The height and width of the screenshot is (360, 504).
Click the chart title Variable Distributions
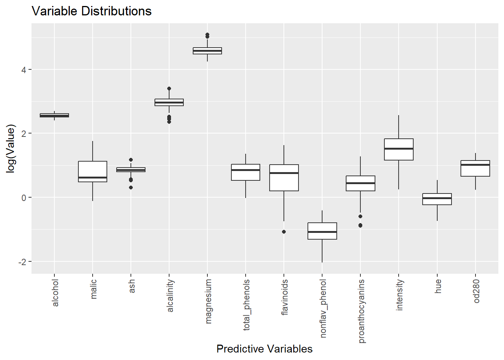coord(91,11)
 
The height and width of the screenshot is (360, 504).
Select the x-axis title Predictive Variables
coord(264,349)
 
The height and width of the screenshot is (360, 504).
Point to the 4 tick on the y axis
coord(24,70)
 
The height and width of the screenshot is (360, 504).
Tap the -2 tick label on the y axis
coord(22,262)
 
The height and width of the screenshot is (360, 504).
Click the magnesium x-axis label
coord(208,301)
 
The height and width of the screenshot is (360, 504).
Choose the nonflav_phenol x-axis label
coord(323,308)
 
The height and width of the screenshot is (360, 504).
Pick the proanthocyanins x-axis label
coord(361,311)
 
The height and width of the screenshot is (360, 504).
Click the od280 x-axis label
coord(476,291)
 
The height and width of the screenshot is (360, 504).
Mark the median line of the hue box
coord(437,198)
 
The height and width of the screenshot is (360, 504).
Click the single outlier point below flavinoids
coord(284,232)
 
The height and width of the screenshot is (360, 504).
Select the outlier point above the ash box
coord(131,160)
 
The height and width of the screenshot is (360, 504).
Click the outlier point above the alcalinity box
coord(169,89)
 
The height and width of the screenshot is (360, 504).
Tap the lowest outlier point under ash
coord(131,187)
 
